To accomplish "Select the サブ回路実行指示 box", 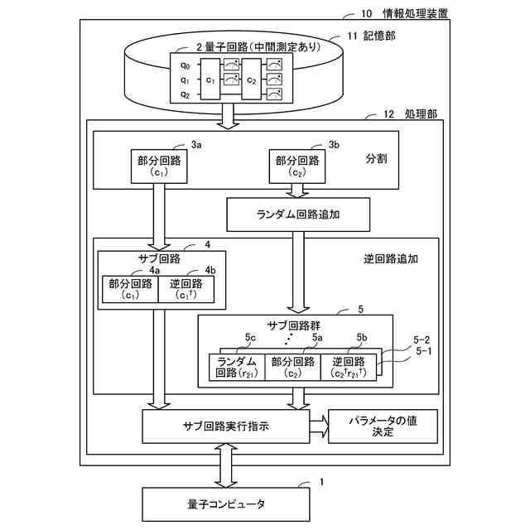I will tap(224, 426).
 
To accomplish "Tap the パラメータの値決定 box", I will tap(383, 426).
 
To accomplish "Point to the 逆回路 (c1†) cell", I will tap(185, 289).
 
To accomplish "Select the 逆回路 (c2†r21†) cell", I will tap(348, 367).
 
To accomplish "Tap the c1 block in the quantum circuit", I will tap(210, 80).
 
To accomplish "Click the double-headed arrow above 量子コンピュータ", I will tap(225, 465).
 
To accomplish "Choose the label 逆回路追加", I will tap(391, 258).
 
